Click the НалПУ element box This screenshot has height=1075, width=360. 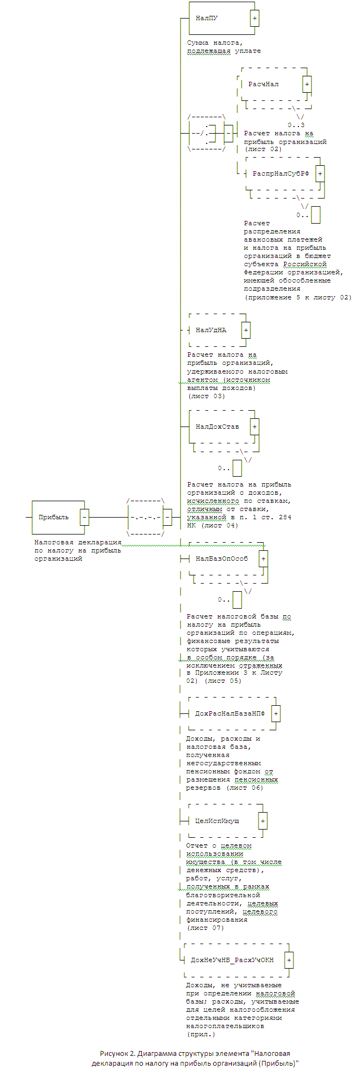(x=219, y=18)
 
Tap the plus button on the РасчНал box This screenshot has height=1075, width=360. (x=307, y=85)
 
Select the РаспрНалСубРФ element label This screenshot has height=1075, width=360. (x=280, y=174)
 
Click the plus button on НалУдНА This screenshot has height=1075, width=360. (x=246, y=331)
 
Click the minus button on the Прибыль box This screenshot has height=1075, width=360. (x=85, y=517)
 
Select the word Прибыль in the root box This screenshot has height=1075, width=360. (x=53, y=517)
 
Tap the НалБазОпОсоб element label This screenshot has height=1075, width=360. (x=221, y=559)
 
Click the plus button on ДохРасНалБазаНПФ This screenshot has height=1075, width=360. (x=276, y=714)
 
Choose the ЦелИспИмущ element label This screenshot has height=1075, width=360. (x=217, y=821)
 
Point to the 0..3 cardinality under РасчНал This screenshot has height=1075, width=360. (x=296, y=125)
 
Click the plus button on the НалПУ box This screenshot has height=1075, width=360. (x=255, y=18)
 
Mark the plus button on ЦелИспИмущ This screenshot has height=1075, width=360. (x=263, y=821)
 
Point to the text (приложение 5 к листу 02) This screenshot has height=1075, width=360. (x=298, y=297)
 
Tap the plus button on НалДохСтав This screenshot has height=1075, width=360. (x=255, y=427)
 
